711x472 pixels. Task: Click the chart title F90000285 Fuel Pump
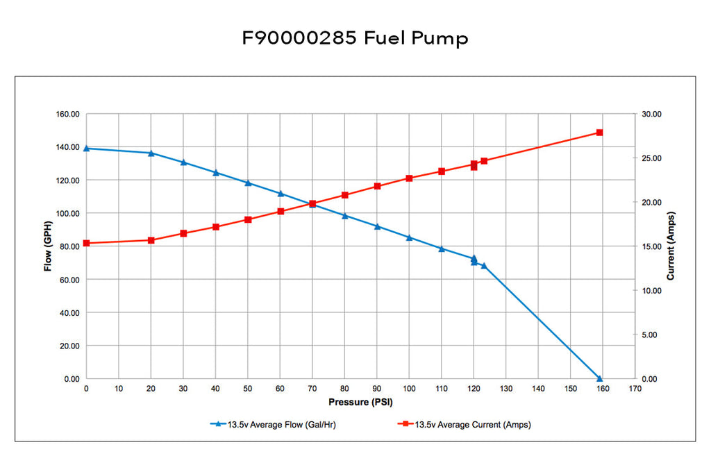[355, 38]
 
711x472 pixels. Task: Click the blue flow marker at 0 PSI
[86, 148]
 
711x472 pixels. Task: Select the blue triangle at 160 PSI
[599, 378]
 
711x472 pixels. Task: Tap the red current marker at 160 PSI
[599, 133]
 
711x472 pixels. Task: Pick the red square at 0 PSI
[86, 243]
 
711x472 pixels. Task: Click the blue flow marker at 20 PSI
[151, 153]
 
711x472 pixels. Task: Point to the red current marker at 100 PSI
[409, 178]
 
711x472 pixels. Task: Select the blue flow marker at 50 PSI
[248, 183]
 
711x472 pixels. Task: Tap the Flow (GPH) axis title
[49, 246]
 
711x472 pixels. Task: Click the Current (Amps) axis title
[670, 246]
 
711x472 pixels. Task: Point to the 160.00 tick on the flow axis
[67, 114]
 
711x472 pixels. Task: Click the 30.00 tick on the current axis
[652, 114]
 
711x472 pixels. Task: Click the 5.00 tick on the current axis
[650, 335]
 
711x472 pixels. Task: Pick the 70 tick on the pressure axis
[312, 389]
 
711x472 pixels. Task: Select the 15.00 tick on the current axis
[652, 246]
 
